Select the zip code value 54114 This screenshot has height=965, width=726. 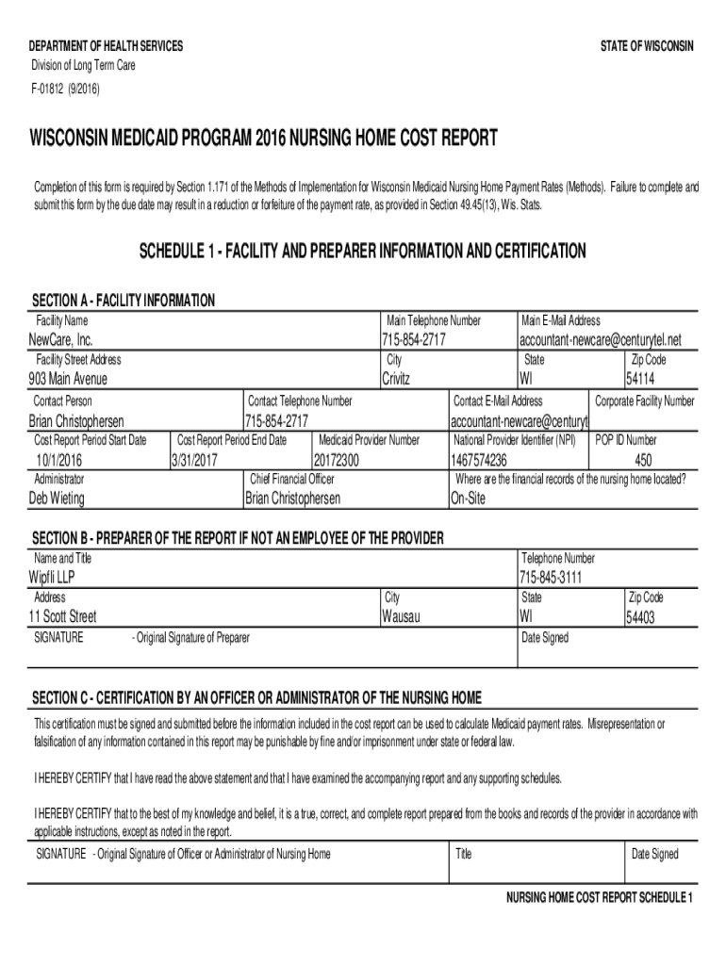[646, 379]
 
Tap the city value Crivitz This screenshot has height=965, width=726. [403, 379]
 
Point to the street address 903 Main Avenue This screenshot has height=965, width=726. [68, 379]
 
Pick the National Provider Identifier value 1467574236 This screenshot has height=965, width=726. [480, 460]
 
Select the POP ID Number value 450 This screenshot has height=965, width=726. [643, 460]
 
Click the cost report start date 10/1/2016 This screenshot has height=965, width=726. [59, 460]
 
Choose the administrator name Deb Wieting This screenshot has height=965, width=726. [65, 499]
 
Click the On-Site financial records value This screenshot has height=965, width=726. [469, 499]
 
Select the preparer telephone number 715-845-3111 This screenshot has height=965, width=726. [551, 577]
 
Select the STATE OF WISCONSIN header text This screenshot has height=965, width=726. [647, 47]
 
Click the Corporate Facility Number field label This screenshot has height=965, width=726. [644, 401]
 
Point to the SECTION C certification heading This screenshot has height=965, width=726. [256, 697]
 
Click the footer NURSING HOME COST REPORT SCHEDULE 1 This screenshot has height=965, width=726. [600, 896]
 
